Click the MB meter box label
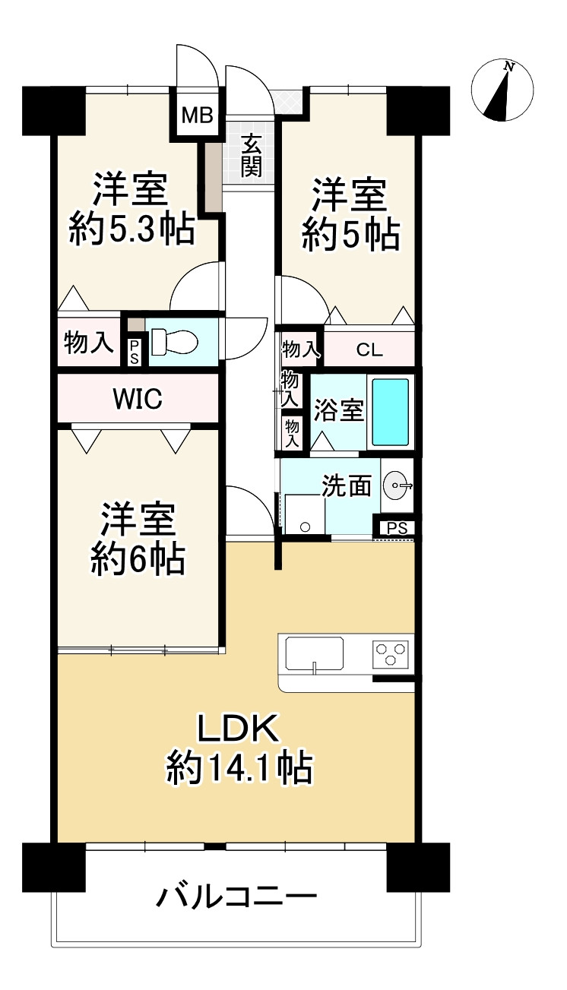pyautogui.click(x=196, y=116)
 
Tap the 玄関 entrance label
pyautogui.click(x=252, y=155)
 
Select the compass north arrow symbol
pyautogui.click(x=502, y=91)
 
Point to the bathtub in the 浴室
pyautogui.click(x=391, y=411)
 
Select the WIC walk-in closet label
pyautogui.click(x=137, y=398)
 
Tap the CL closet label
pyautogui.click(x=369, y=350)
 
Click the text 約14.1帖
pyautogui.click(x=239, y=770)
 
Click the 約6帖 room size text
pyautogui.click(x=137, y=560)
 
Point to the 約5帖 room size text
pyautogui.click(x=350, y=235)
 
